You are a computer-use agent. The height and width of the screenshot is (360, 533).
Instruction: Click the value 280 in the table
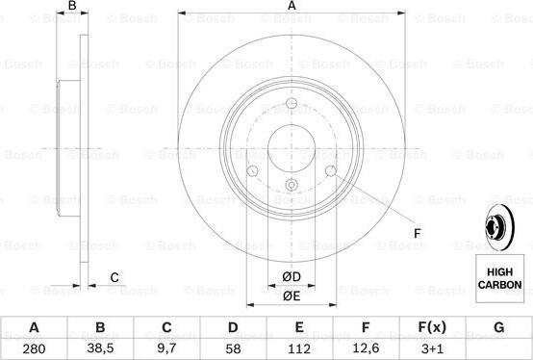(x=34, y=348)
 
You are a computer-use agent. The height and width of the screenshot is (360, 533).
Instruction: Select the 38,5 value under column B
(x=100, y=348)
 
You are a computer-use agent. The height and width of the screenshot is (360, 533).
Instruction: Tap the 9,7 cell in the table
(x=166, y=348)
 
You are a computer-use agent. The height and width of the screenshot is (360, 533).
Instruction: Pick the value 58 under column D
(x=233, y=348)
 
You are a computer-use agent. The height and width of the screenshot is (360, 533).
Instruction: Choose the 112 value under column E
(x=299, y=348)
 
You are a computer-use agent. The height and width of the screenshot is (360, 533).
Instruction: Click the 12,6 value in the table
(x=366, y=348)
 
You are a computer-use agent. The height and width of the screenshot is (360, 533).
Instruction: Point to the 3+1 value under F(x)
(x=432, y=348)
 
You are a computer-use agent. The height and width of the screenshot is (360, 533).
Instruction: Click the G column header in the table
(x=498, y=327)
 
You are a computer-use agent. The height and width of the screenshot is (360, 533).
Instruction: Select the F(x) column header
(x=432, y=327)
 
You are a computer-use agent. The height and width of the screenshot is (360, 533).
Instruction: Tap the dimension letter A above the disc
(x=292, y=6)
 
